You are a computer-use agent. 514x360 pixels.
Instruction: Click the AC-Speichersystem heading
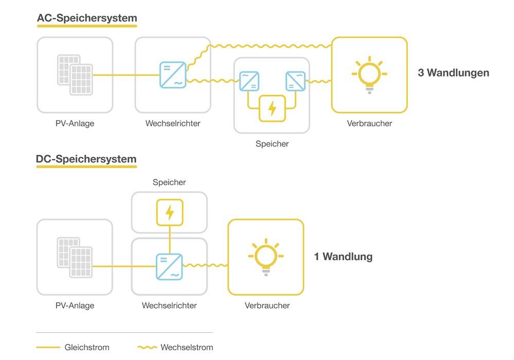coord(87,18)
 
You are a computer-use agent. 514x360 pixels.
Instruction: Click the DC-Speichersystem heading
coord(86,159)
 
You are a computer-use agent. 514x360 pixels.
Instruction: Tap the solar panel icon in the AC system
coord(75,75)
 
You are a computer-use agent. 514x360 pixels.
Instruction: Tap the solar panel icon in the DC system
coord(75,257)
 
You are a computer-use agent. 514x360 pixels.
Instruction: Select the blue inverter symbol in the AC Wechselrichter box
coord(173,75)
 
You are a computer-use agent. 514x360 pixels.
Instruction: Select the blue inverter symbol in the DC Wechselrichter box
coord(169,266)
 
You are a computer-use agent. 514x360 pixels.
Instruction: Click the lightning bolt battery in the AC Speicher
coord(272,109)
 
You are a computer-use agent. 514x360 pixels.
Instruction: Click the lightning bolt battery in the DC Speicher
coord(169,212)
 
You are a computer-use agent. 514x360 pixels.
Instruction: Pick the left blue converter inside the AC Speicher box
coord(249,81)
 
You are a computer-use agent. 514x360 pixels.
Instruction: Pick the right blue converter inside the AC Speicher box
coord(295,81)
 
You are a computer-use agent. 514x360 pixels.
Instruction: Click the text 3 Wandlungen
coord(453,73)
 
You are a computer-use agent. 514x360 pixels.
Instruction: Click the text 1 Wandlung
coord(343,256)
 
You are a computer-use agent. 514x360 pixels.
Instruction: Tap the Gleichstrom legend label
coord(87,347)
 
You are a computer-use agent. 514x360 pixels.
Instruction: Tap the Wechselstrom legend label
coord(187,347)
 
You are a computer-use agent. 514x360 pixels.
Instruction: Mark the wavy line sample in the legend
coord(148,348)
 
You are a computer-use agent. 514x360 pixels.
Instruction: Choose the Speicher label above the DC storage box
coord(169,182)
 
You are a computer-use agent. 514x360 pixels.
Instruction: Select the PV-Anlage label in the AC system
coord(75,123)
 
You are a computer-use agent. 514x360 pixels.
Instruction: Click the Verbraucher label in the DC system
coord(267,305)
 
